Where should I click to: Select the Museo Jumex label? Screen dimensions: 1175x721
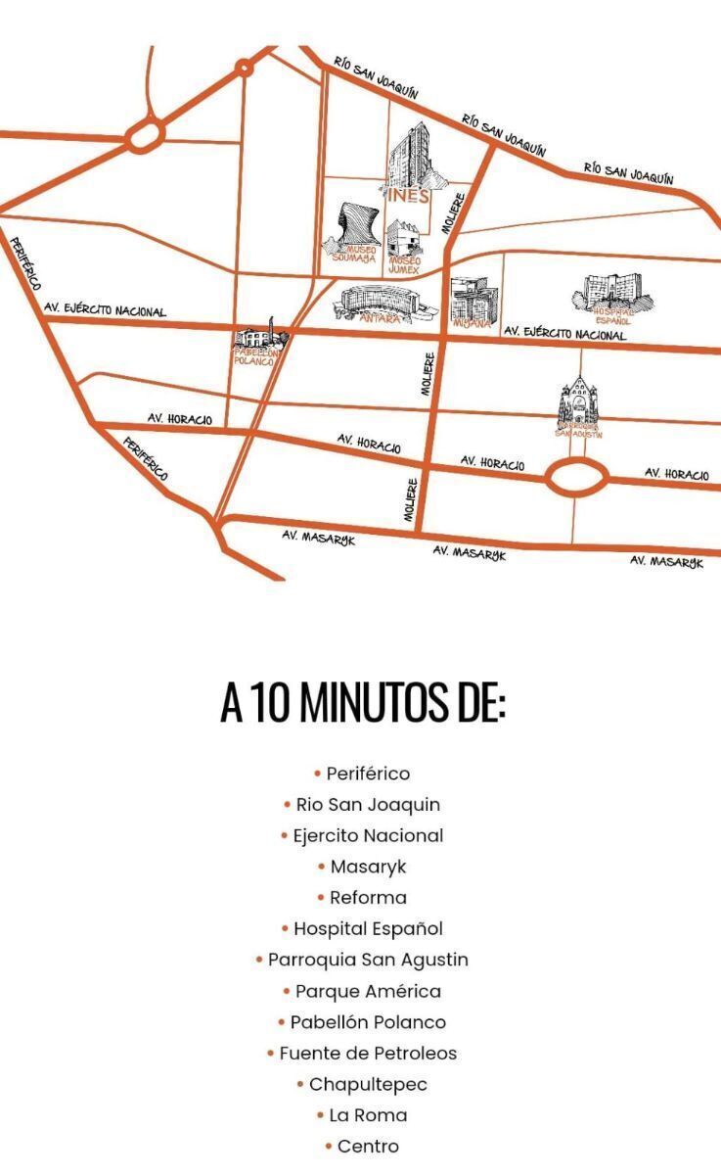(405, 263)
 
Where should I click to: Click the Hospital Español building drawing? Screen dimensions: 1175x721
(611, 291)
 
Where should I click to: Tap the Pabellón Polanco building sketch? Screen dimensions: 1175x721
(261, 338)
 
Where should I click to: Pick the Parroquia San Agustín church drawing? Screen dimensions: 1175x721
(578, 403)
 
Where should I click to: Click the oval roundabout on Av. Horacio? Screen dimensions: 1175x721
(575, 478)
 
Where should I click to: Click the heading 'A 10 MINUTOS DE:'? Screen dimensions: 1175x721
(362, 703)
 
